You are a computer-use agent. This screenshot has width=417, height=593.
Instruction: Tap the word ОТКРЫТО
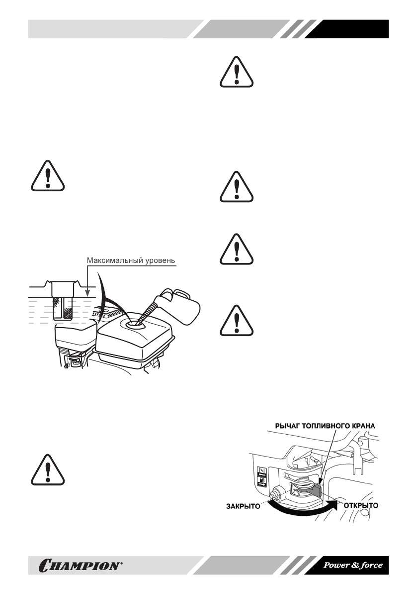click(x=361, y=505)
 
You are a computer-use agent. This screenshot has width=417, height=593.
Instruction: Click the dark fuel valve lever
click(x=314, y=490)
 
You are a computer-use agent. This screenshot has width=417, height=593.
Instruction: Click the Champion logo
click(x=78, y=565)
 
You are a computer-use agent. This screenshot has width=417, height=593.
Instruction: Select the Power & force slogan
click(x=353, y=565)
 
